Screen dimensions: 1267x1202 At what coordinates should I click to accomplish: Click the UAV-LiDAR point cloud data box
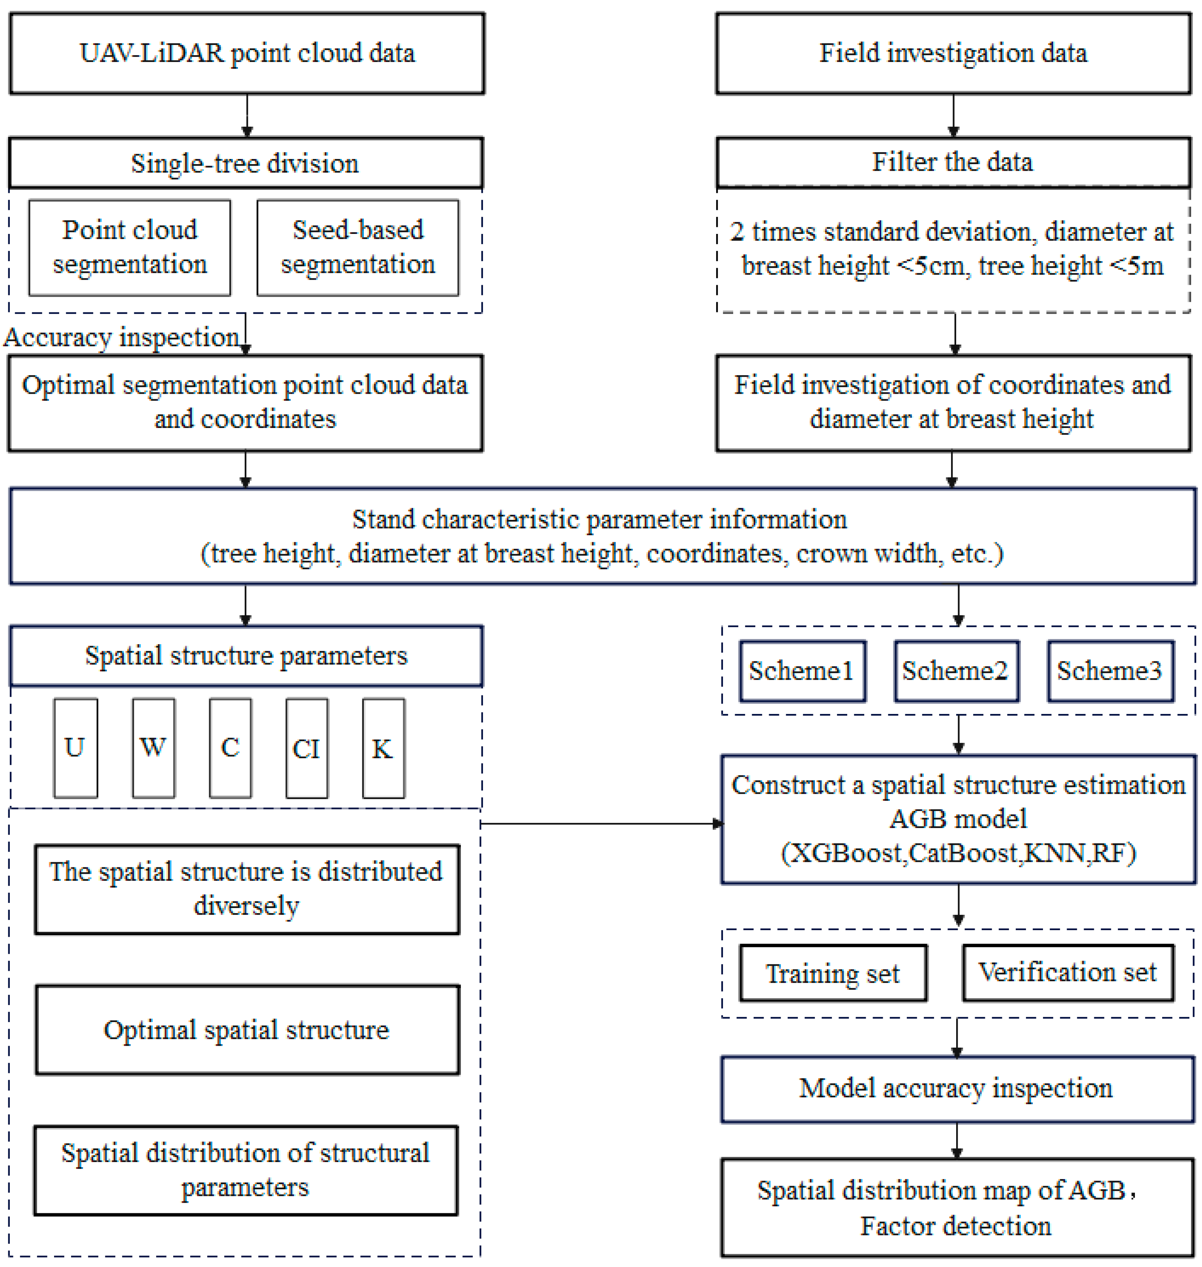point(247,53)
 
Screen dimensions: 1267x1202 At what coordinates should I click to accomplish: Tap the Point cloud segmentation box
point(129,247)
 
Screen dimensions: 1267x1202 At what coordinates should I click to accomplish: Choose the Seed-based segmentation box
point(358,247)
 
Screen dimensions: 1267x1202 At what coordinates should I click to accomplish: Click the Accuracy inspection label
point(121,337)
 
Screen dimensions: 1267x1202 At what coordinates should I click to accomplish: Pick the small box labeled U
point(76,747)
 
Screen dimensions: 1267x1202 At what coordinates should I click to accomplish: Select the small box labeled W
point(153,747)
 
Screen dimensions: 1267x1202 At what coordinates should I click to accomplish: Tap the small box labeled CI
point(306,747)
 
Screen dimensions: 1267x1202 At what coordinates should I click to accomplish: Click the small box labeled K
point(383,747)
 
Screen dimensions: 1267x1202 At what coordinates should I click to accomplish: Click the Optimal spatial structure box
point(247,1030)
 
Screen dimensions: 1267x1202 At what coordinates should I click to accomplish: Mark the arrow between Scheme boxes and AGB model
point(959,734)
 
